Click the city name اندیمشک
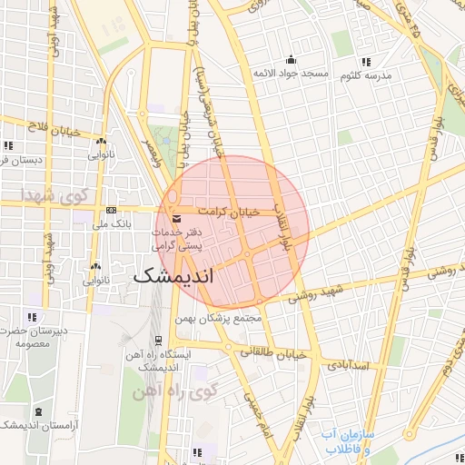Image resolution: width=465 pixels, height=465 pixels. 186,276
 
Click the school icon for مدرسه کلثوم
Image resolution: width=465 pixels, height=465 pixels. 366,62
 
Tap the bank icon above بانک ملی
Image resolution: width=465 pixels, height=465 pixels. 111,209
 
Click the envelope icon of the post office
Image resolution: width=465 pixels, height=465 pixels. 175,219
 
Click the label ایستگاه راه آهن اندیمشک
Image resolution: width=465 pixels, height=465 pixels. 155,361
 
